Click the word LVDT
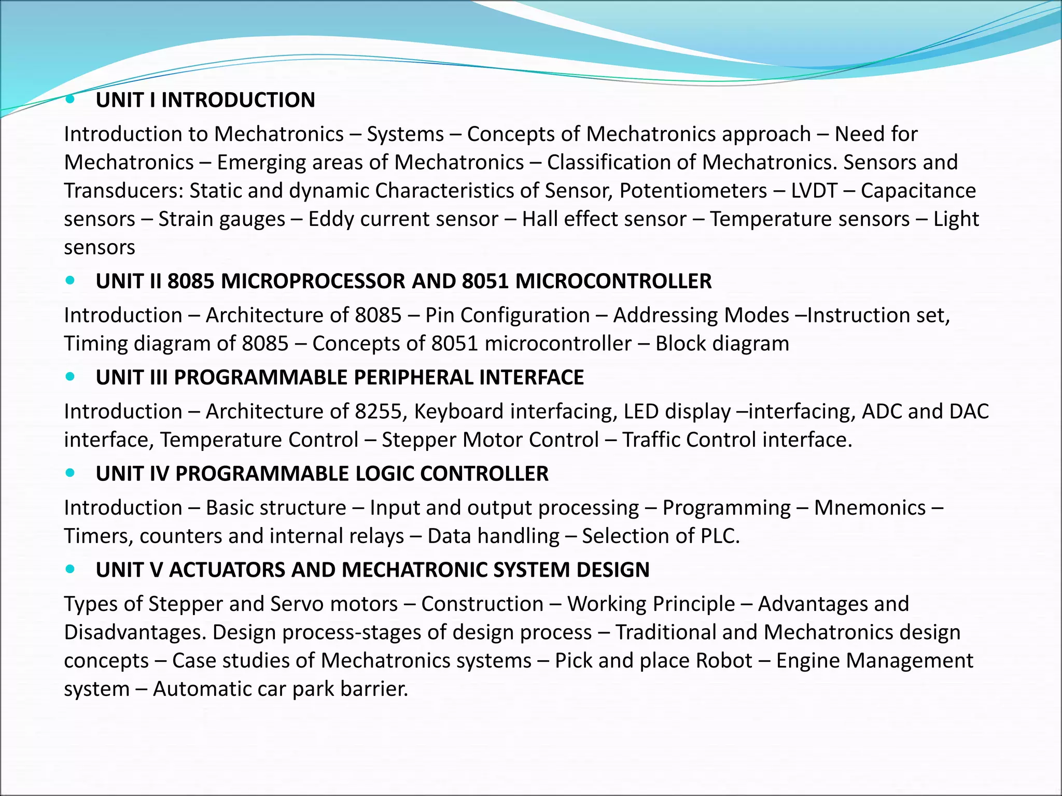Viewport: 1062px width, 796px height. tap(814, 191)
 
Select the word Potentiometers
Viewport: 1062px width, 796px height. tap(693, 191)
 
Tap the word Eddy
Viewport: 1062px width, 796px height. tap(331, 219)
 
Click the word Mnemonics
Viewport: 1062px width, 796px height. tap(870, 508)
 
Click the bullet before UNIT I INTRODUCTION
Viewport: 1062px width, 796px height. tap(71, 99)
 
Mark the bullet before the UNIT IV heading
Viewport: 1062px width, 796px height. tap(71, 473)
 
